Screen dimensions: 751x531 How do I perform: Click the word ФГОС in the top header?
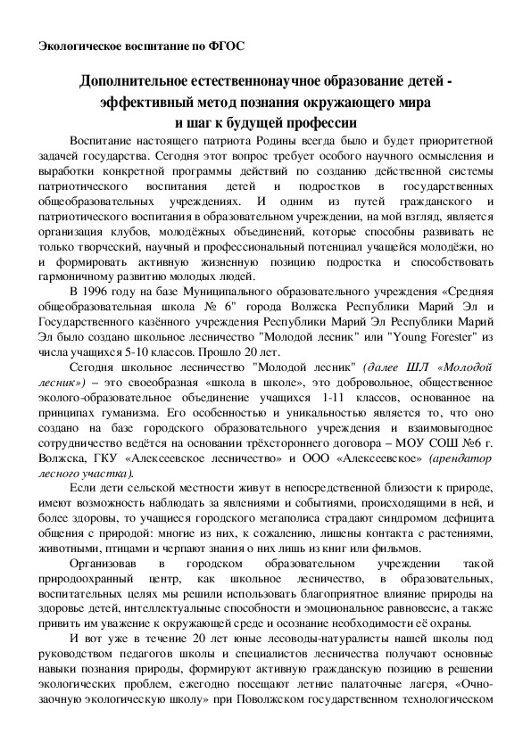click(226, 45)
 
